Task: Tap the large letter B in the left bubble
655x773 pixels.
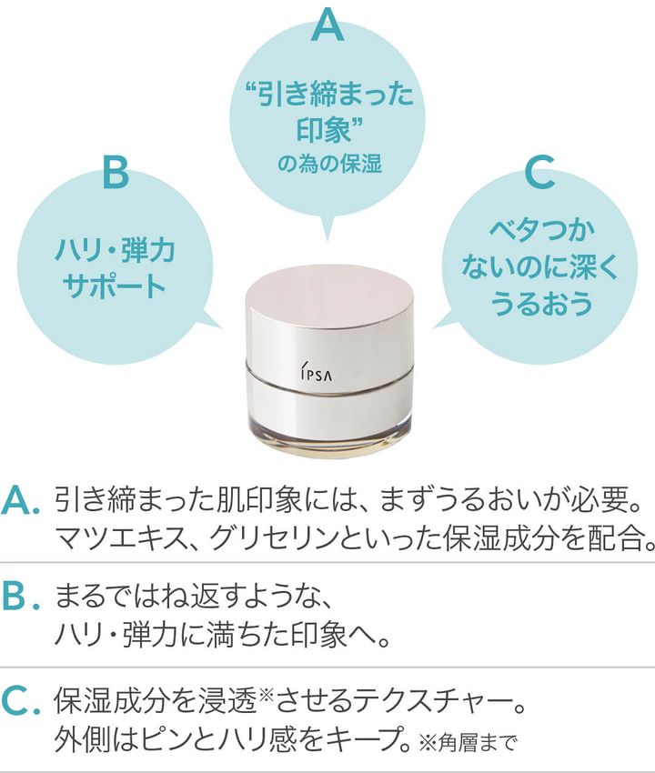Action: click(x=116, y=172)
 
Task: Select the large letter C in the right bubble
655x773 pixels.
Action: click(x=539, y=174)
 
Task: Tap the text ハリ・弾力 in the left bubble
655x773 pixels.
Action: click(x=115, y=247)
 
